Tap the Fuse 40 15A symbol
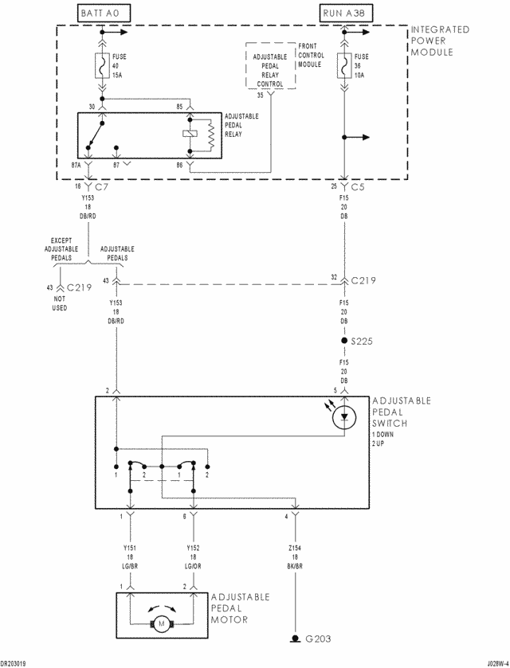[103, 66]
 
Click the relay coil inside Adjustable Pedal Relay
[190, 134]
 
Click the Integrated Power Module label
[439, 41]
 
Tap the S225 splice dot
[344, 341]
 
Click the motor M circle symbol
[160, 622]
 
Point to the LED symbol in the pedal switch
[344, 415]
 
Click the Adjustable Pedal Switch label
[401, 412]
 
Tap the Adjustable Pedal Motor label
[240, 607]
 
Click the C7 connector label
[102, 186]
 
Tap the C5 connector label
[358, 186]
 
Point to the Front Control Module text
[310, 56]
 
